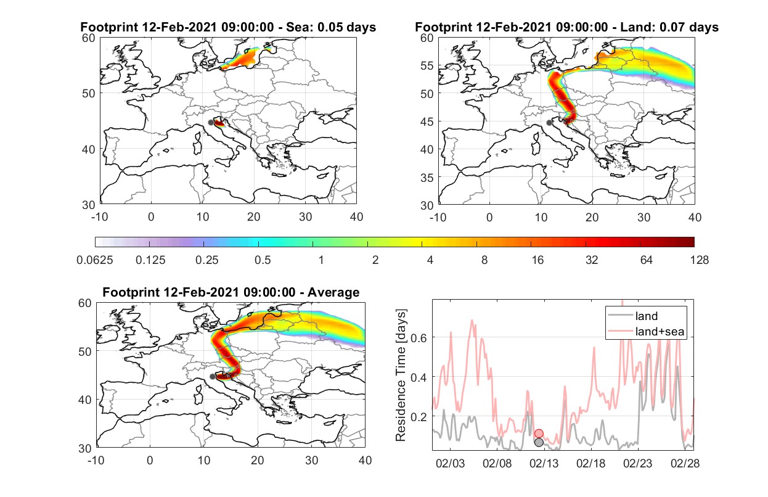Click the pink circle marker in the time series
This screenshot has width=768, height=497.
pos(539,433)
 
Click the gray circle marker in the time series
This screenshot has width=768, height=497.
pos(539,443)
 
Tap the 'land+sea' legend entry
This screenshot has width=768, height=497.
pos(647,331)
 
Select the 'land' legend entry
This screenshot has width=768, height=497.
pos(633,316)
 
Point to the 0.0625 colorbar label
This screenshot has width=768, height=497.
pos(95,260)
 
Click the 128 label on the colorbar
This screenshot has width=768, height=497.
pos(699,260)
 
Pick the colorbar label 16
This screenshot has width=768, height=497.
pos(537,260)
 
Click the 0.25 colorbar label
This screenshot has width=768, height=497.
pos(206,260)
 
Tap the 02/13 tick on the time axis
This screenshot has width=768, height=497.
pos(544,463)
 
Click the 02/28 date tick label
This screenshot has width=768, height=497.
pos(685,463)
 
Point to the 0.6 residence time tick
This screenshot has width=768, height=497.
pos(419,338)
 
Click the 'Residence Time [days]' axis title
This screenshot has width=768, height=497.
pos(401,376)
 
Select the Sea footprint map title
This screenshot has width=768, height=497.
pos(228,27)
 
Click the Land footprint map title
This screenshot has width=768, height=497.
pos(566,27)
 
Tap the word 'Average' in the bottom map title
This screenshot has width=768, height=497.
pos(333,292)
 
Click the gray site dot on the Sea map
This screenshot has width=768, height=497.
pos(211,123)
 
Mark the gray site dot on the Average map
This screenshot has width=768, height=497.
pos(212,377)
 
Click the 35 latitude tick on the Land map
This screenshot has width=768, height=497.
pos(427,178)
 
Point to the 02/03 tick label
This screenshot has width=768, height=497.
pos(450,463)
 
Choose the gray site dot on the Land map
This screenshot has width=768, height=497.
pos(549,123)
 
